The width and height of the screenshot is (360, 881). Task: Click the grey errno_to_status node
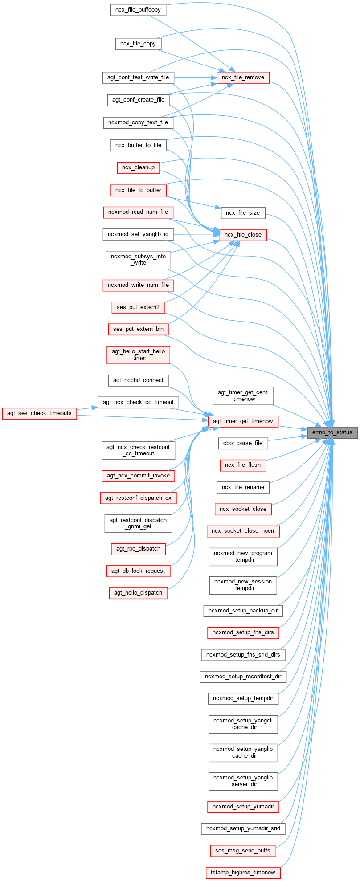click(332, 432)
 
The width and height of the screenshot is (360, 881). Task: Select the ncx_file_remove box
click(243, 77)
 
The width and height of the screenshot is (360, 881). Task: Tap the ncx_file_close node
click(243, 234)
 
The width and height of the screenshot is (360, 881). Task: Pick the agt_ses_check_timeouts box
click(39, 413)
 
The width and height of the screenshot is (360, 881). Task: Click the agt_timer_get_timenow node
click(243, 421)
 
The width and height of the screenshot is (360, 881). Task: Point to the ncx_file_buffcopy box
click(138, 9)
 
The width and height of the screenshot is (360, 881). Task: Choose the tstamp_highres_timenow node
click(243, 872)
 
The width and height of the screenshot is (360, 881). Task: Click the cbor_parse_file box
click(243, 443)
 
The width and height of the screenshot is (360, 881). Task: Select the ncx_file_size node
click(243, 212)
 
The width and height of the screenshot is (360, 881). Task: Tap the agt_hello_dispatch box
click(138, 593)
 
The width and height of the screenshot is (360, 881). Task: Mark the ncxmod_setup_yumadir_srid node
click(243, 828)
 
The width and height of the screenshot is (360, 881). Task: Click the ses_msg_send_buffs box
click(243, 850)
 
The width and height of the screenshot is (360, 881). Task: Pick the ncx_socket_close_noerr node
click(243, 531)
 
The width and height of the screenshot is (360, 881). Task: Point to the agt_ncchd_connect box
click(138, 380)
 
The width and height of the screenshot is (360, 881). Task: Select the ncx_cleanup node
click(138, 167)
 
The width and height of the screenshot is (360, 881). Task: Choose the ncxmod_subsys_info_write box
click(138, 260)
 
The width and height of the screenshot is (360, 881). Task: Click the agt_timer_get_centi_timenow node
click(243, 396)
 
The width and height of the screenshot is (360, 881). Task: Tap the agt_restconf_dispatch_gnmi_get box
click(138, 523)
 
